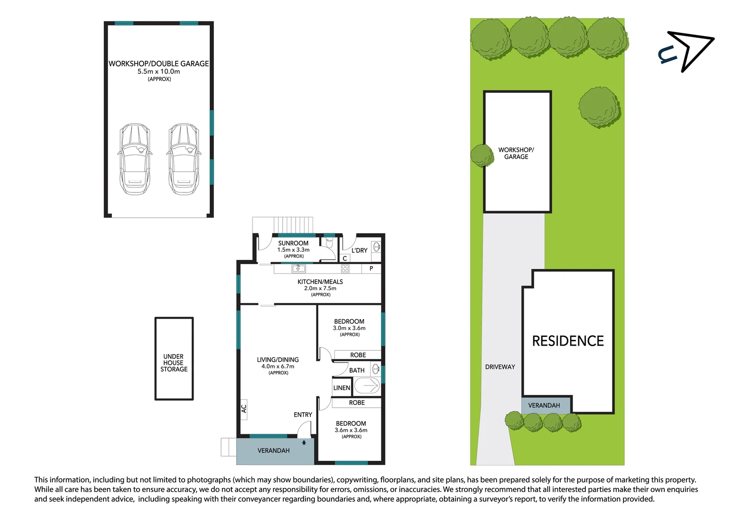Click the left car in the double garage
[135, 159]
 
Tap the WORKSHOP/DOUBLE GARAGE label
[158, 64]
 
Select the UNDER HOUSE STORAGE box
[174, 359]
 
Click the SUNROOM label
[293, 243]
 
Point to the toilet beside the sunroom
[329, 243]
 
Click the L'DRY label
[359, 250]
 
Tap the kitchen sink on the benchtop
[298, 269]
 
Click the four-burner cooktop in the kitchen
[345, 269]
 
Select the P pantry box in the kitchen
[371, 269]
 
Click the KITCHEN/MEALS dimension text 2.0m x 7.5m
[320, 288]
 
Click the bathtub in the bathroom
[367, 386]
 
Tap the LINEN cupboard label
[342, 388]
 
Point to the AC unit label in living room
[244, 408]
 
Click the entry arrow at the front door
[304, 442]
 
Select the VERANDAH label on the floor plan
[273, 450]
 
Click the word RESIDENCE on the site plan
[568, 341]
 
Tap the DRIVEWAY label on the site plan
[500, 367]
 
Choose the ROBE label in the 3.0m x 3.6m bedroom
[358, 355]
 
